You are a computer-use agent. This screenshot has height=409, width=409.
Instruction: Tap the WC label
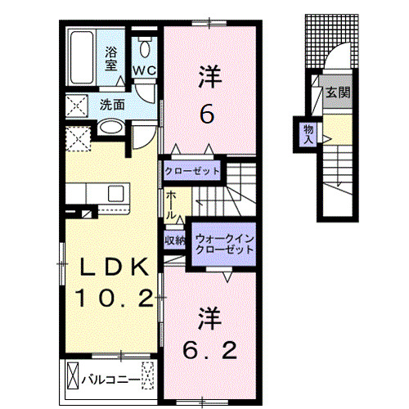(x=145, y=70)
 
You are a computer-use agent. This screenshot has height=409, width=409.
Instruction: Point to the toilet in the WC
(x=145, y=45)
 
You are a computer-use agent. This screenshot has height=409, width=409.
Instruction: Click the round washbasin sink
(x=110, y=128)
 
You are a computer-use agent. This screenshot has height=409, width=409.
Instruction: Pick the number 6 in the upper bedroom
(x=209, y=114)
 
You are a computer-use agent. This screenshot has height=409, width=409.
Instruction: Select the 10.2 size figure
(x=115, y=298)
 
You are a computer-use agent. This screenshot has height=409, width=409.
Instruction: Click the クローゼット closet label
(x=192, y=172)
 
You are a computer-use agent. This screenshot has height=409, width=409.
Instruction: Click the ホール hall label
(x=172, y=203)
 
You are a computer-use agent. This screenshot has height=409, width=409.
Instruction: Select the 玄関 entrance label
(x=337, y=93)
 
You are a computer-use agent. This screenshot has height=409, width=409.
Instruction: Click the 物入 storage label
(x=308, y=133)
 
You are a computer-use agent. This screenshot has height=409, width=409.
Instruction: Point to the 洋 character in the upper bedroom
(x=209, y=79)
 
